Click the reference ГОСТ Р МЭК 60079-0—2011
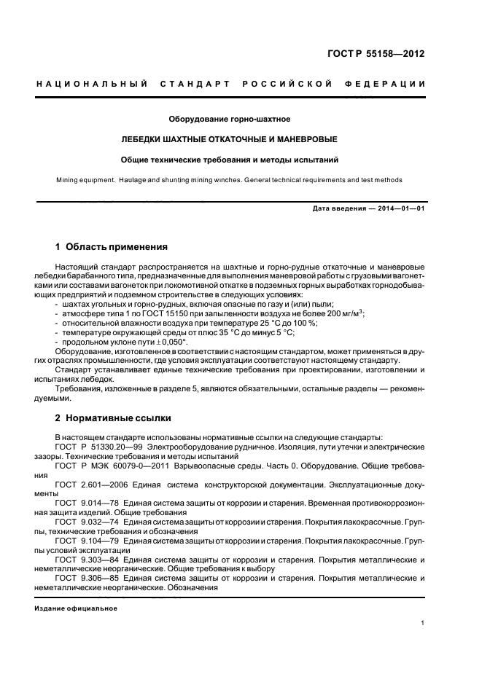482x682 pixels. (113, 464)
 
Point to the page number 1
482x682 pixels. (423, 623)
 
